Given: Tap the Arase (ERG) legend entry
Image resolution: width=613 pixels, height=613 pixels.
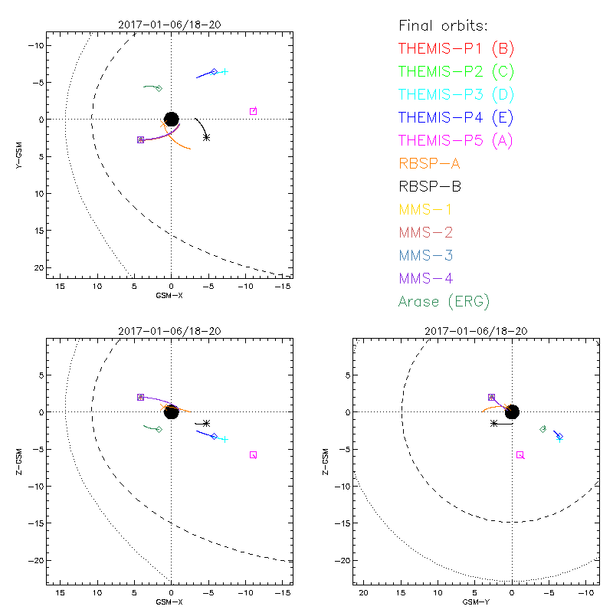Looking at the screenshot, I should point(444,301).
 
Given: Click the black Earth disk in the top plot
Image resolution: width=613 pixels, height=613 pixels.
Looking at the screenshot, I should point(172,119).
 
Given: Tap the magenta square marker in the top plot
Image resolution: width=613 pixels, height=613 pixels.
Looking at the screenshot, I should point(253,111).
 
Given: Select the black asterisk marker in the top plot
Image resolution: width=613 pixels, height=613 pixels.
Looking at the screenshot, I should point(206,137).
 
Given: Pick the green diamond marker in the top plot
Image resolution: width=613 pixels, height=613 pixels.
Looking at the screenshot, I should point(159,88).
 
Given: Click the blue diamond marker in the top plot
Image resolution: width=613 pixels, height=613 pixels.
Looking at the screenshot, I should point(214,71).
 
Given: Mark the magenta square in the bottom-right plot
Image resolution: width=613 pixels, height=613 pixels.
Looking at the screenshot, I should point(520,454).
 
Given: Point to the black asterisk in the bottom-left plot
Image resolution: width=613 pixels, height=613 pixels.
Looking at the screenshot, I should point(206,423).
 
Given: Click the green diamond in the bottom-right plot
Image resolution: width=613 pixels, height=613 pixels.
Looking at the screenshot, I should point(543,429).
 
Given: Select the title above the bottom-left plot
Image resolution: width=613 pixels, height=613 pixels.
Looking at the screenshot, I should point(170,330).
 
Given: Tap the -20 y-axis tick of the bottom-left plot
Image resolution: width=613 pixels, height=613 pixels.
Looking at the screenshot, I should point(33,560).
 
